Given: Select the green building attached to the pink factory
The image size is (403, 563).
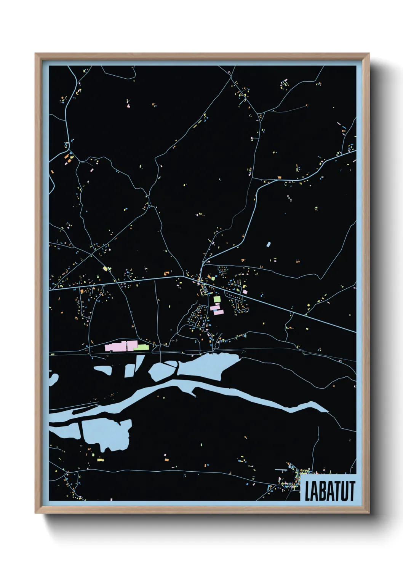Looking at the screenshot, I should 141,347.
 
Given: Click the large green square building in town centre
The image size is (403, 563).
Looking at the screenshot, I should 217,299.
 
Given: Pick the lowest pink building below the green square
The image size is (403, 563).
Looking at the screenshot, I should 219,312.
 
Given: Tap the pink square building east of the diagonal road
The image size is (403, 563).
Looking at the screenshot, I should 245,292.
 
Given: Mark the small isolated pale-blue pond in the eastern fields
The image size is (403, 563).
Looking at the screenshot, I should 269,244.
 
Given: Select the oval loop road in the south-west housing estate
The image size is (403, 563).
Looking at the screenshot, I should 195,316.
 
